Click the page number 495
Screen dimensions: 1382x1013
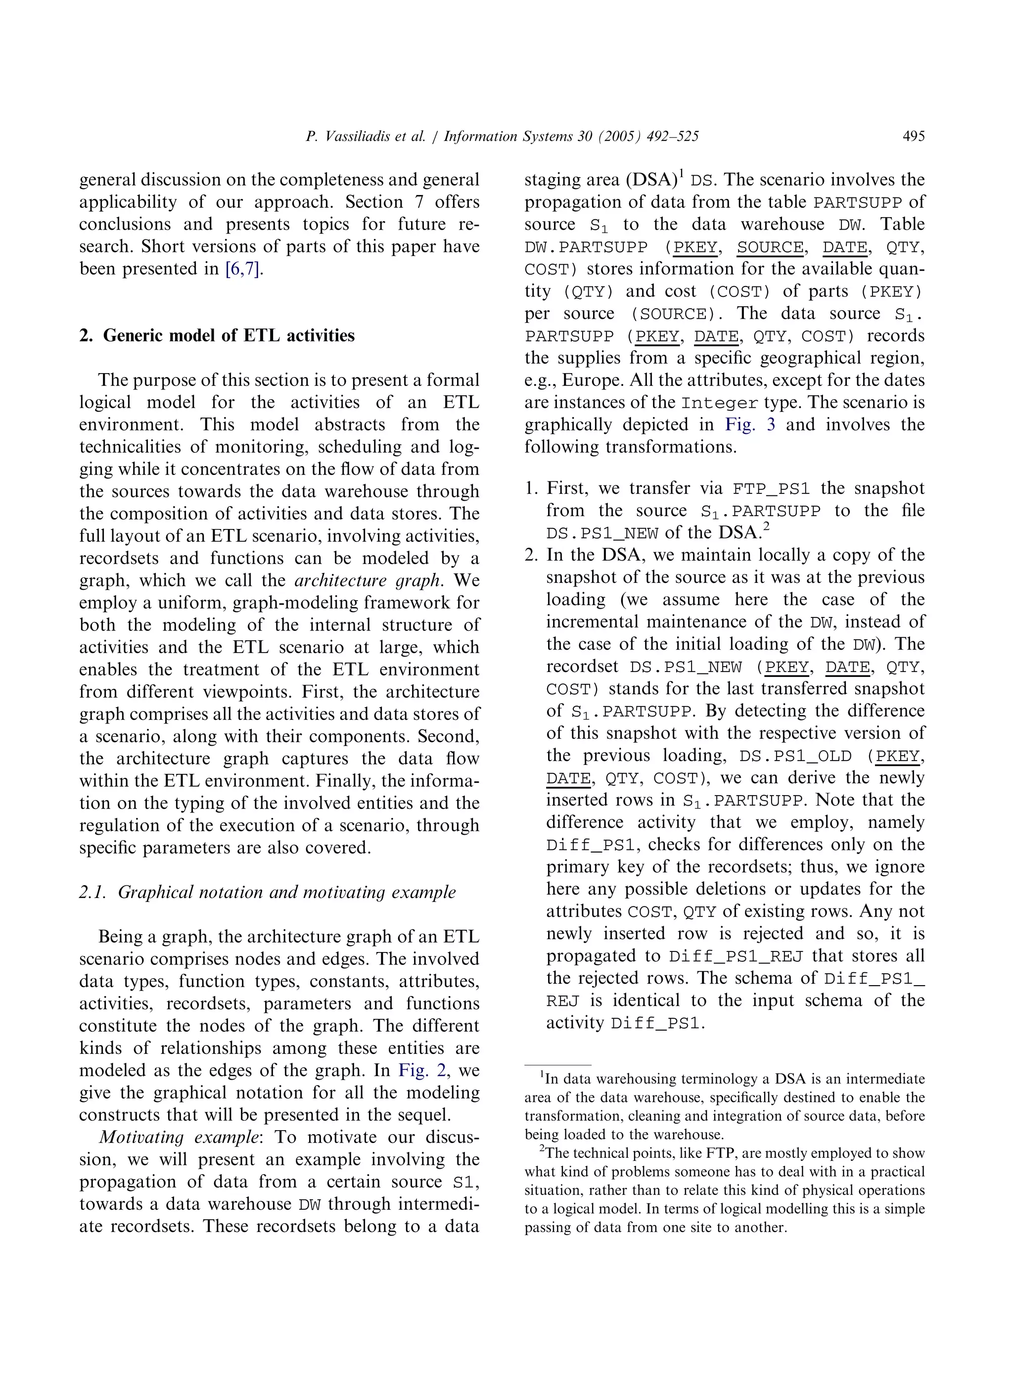point(913,136)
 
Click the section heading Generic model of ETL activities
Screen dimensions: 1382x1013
point(229,335)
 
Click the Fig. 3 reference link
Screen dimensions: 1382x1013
point(750,425)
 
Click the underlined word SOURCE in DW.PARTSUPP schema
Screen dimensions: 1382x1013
point(770,248)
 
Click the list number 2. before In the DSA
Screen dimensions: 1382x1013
point(531,555)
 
